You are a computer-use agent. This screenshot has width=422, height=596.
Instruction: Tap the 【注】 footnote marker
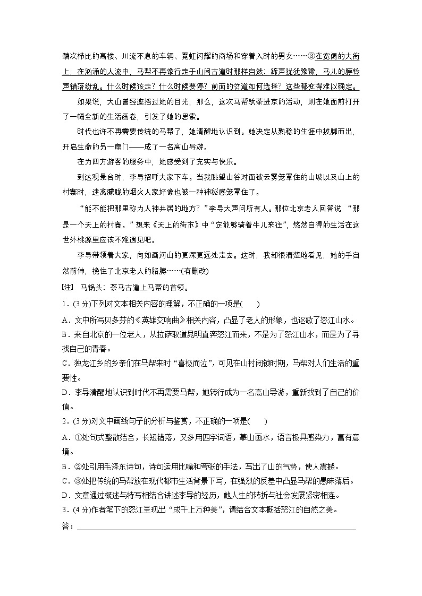pos(68,288)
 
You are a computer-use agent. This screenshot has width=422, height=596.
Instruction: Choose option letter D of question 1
pos(65,393)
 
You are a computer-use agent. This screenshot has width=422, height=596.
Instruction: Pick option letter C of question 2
pos(65,481)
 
